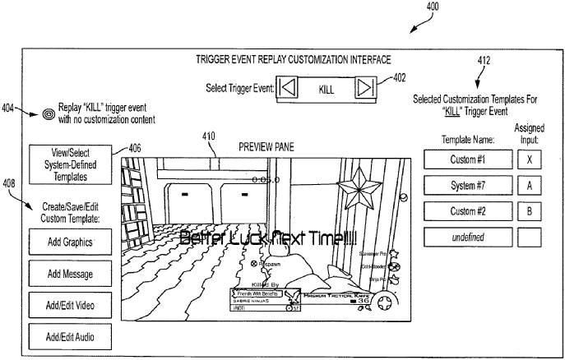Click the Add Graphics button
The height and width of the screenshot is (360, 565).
click(69, 242)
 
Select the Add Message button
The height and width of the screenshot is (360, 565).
click(69, 274)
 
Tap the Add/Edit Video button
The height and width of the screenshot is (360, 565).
click(69, 305)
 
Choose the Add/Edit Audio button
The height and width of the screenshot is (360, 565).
click(69, 336)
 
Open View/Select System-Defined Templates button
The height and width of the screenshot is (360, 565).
click(69, 164)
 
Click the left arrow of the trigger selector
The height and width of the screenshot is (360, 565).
click(287, 87)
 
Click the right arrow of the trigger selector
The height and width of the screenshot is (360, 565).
click(366, 87)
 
